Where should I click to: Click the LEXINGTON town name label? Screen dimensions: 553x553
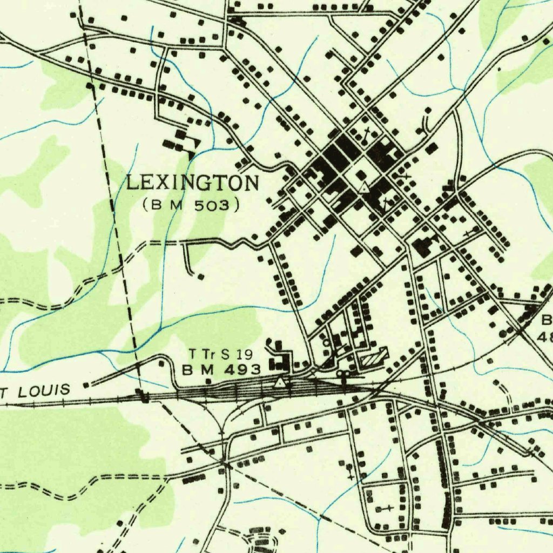point(193,184)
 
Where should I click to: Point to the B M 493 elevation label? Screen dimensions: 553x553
point(221,370)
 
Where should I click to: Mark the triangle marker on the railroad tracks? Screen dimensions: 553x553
point(280,383)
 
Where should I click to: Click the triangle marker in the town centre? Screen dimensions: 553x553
point(365,188)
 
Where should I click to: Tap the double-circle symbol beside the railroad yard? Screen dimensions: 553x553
point(343,373)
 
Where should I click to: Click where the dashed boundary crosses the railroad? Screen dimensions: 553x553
point(144,398)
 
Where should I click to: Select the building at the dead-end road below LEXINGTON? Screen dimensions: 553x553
point(200,276)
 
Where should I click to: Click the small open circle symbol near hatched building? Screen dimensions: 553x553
point(326,342)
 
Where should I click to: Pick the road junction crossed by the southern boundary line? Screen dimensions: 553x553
point(226,463)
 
